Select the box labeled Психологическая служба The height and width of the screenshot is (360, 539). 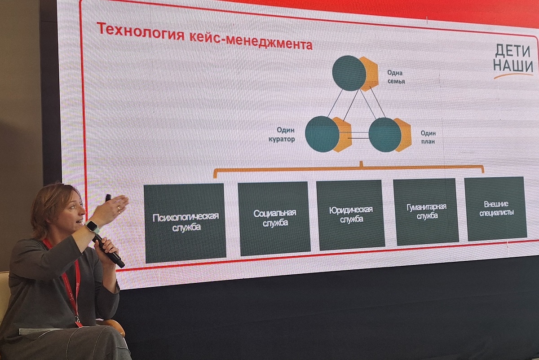(x=185, y=223)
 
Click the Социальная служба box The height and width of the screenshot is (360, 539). (x=274, y=218)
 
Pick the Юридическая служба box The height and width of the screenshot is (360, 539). (x=351, y=215)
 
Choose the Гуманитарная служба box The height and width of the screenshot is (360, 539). (x=426, y=211)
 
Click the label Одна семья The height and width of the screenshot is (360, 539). (x=396, y=77)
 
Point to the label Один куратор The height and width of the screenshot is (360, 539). (x=282, y=134)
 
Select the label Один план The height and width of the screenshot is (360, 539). (x=428, y=137)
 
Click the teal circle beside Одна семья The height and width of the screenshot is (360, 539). (x=349, y=73)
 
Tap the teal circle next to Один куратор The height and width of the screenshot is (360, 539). (x=322, y=134)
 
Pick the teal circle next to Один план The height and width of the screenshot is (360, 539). (x=385, y=135)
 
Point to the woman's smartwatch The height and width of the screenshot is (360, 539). (x=93, y=227)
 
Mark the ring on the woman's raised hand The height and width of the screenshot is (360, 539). (x=119, y=208)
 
